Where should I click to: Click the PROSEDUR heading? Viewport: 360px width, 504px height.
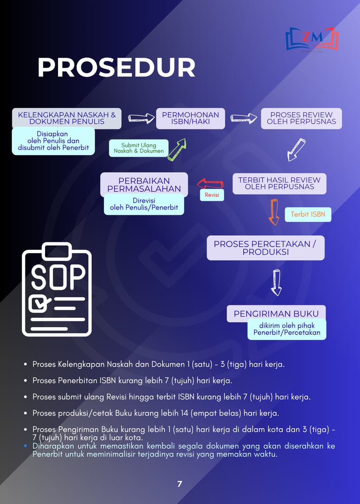click(116, 68)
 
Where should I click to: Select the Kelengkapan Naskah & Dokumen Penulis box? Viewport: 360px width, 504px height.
click(67, 118)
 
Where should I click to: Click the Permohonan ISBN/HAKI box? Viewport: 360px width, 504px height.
click(191, 118)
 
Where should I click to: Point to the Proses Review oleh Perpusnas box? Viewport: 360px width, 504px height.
click(301, 118)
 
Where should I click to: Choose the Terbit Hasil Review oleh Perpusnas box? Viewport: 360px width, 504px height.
click(279, 183)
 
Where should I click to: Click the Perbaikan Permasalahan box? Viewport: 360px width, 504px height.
click(144, 185)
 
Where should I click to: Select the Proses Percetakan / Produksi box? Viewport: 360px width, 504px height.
click(265, 248)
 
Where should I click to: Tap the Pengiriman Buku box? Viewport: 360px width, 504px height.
click(276, 313)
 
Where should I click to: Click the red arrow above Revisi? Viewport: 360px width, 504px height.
click(210, 184)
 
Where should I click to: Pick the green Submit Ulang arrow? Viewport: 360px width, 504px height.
click(177, 150)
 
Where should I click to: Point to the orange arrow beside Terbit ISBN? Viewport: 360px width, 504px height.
click(274, 212)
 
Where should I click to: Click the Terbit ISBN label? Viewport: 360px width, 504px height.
click(308, 214)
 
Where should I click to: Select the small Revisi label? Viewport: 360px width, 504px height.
click(212, 195)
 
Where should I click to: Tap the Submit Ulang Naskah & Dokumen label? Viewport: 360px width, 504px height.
click(139, 148)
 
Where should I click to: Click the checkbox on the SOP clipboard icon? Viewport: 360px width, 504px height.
click(37, 303)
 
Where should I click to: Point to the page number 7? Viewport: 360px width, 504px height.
click(180, 484)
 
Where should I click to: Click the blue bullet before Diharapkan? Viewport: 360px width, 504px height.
click(25, 446)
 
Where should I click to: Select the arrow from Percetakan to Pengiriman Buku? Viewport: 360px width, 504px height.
click(277, 283)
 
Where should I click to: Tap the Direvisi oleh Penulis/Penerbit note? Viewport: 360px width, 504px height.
click(144, 204)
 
